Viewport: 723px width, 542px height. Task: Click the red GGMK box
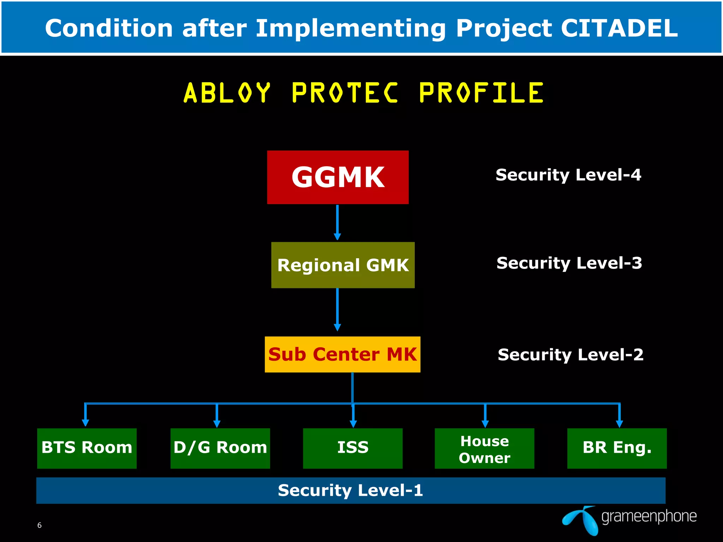coord(338,177)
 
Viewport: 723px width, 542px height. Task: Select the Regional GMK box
coord(343,265)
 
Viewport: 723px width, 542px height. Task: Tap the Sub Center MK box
coord(342,354)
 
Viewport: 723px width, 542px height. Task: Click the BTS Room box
coord(87,448)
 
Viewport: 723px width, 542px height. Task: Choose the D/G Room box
coord(220,448)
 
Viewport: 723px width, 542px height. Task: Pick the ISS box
coord(353,448)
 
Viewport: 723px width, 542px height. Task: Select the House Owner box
coord(484,449)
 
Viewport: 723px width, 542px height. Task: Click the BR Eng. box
coord(617,448)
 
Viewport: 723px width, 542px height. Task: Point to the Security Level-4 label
coord(568,175)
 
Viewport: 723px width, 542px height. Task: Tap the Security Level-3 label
coord(569,263)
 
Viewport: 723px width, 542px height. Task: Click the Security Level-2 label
coord(570,355)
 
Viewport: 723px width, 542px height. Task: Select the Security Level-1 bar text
coord(350,490)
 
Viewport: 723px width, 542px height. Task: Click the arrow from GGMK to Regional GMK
coord(337,222)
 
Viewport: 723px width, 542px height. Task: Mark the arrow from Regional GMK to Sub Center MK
coord(337,309)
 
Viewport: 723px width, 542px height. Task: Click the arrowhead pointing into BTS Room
coord(85,422)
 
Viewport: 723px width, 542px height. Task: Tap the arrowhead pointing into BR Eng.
coord(619,423)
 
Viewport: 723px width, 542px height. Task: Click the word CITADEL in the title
coord(619,28)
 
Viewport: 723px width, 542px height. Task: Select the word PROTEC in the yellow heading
coord(345,93)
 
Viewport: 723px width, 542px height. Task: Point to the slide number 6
coord(40,525)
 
